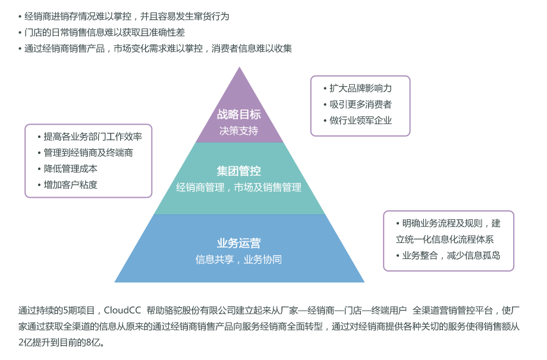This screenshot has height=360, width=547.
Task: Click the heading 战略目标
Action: (238, 115)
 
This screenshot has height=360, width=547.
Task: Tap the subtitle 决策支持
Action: (238, 130)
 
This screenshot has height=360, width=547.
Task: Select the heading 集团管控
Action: (238, 171)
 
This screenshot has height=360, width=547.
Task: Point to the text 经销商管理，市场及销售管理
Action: (238, 187)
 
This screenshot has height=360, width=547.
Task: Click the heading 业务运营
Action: (238, 243)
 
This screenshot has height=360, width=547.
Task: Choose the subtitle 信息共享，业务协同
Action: (238, 259)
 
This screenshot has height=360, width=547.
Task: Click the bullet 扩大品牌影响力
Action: (360, 88)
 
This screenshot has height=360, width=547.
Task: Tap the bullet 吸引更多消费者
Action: (360, 104)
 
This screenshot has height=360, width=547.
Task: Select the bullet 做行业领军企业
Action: (360, 120)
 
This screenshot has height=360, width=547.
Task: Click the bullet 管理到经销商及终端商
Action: (89, 153)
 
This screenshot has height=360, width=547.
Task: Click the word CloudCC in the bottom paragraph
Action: (123, 310)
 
